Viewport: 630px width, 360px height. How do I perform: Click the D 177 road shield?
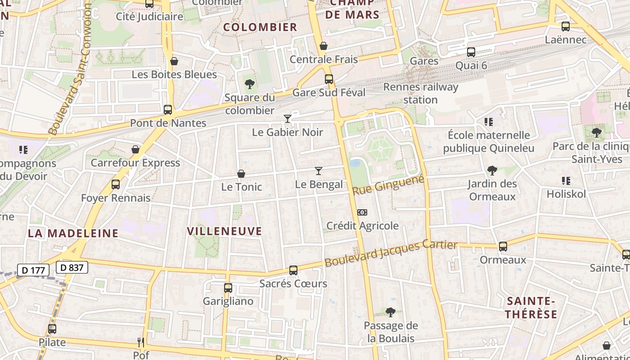(x=33, y=270)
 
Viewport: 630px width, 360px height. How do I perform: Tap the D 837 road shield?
(x=72, y=267)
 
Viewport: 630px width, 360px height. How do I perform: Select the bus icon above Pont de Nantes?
(x=168, y=109)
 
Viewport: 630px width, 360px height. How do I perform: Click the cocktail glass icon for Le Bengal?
(x=319, y=171)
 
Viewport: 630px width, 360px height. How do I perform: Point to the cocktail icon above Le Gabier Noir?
(x=288, y=119)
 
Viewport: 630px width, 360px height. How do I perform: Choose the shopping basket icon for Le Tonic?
(x=241, y=174)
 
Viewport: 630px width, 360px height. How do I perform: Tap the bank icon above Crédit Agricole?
(x=362, y=212)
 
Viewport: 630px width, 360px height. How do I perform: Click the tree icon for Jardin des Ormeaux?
(x=492, y=171)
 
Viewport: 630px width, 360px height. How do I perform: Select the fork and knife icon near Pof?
(x=141, y=342)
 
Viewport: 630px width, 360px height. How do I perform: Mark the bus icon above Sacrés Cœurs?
(x=293, y=270)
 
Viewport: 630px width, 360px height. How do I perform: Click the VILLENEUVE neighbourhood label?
(x=224, y=231)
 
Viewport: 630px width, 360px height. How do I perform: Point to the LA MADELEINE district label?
(x=73, y=233)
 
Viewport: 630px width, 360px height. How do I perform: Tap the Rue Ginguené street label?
(x=388, y=185)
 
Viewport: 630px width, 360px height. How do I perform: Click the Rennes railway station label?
(x=420, y=93)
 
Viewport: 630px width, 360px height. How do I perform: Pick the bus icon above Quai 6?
(x=471, y=52)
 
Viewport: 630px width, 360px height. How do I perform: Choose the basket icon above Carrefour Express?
(x=135, y=149)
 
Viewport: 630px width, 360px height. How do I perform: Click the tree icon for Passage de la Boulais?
(x=391, y=312)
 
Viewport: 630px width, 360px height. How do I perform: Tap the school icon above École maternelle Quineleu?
(x=488, y=122)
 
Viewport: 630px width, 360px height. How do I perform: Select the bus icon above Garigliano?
(x=228, y=288)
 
